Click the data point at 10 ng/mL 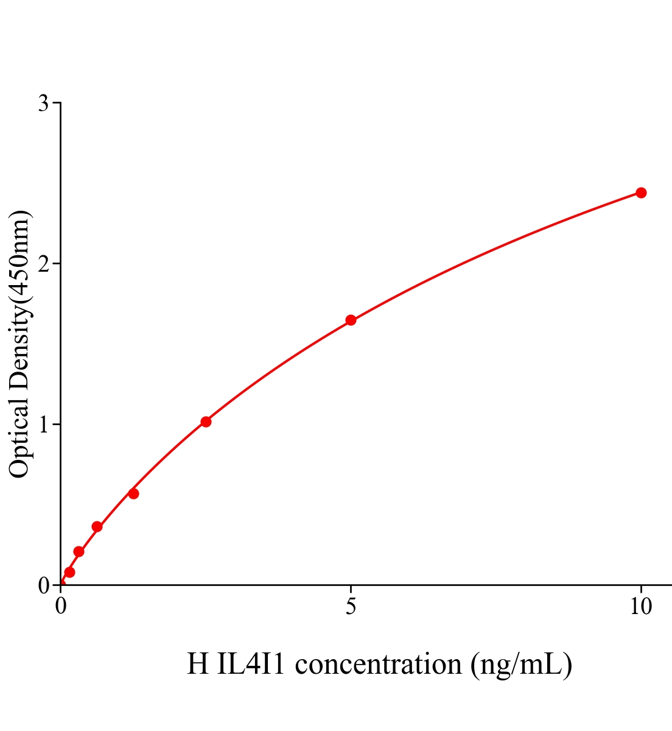(x=641, y=192)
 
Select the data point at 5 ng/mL (x=351, y=320)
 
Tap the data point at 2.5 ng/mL (x=206, y=422)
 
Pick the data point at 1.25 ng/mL (x=133, y=493)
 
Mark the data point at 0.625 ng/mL (x=97, y=526)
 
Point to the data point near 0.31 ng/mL (x=79, y=551)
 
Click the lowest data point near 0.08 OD (x=69, y=572)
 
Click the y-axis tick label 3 (x=43, y=104)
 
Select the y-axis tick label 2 (x=43, y=264)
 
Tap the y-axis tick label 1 (x=43, y=425)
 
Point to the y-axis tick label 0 (x=43, y=585)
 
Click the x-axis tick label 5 (x=351, y=607)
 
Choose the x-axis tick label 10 (x=640, y=607)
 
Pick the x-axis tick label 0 (x=61, y=607)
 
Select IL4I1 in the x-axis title (x=251, y=664)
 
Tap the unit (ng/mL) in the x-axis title (x=521, y=664)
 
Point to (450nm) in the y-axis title (x=19, y=255)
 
